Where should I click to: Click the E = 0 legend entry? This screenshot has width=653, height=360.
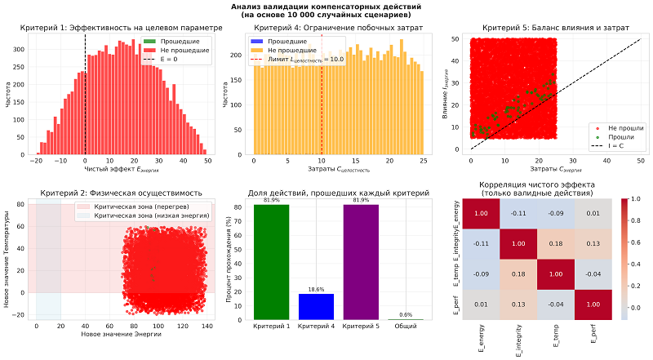tap(188, 60)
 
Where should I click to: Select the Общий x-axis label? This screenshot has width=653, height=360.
tap(405, 327)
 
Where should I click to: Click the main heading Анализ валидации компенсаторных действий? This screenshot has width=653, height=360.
tap(326, 7)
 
